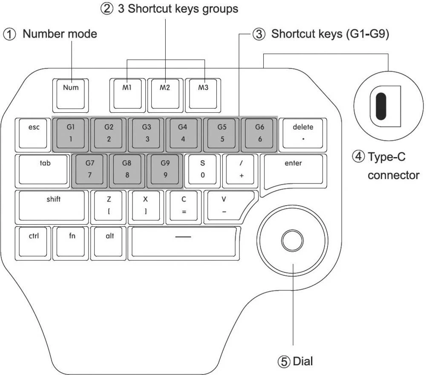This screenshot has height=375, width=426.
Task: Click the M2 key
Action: pos(165,92)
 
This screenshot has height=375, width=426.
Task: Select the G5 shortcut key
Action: pos(222,133)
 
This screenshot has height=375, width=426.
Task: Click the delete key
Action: pos(302,133)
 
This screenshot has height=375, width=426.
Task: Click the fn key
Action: pos(72,242)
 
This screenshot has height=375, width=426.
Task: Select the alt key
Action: pos(109,242)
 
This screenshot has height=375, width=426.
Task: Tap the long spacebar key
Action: pos(184,242)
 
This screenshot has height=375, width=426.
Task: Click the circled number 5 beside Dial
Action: pos(284,362)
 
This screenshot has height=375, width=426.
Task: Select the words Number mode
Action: pos(60,34)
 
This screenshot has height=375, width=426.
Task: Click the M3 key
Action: pos(203,92)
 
